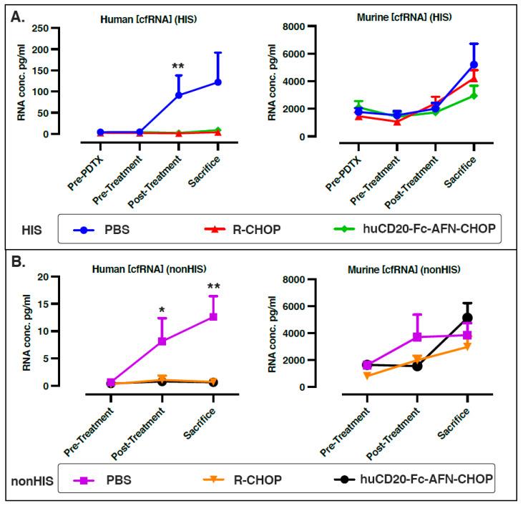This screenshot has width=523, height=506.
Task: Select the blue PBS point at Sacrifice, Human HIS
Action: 217,82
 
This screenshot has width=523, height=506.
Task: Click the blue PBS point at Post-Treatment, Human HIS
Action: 178,95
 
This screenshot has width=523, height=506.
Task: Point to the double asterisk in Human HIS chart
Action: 178,67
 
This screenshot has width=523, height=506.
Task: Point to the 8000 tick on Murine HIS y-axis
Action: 319,26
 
